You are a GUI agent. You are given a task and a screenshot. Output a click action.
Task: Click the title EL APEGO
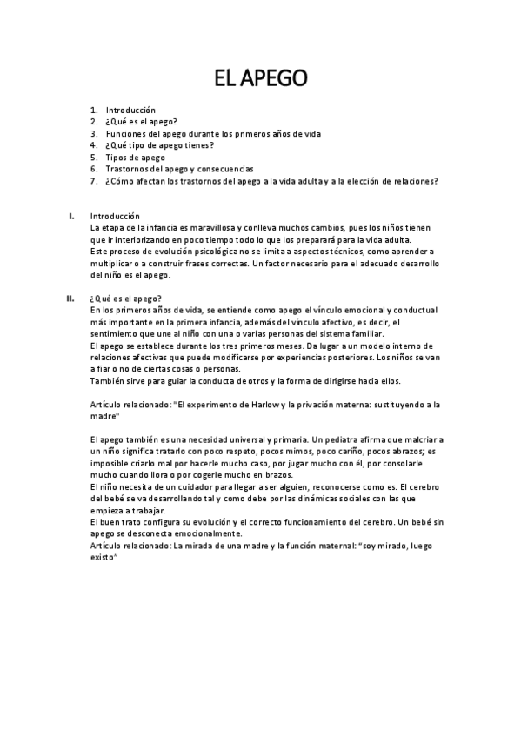(x=260, y=80)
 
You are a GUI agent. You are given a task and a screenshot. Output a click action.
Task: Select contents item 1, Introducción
(x=130, y=111)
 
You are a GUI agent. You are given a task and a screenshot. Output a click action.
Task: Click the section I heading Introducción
(x=115, y=216)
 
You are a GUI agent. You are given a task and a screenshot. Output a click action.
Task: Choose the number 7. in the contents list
(x=94, y=182)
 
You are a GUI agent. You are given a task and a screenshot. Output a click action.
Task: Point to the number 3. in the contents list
(x=94, y=134)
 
